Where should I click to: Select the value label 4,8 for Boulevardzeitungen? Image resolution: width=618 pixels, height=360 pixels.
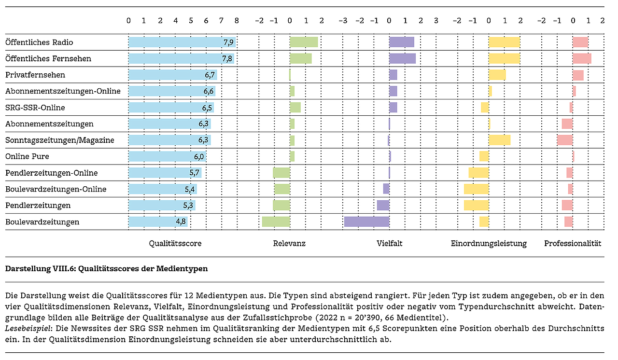coord(181,222)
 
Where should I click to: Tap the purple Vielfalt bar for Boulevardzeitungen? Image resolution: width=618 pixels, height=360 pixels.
coord(366,222)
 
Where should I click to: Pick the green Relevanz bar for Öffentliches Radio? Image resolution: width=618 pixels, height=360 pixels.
coord(304,42)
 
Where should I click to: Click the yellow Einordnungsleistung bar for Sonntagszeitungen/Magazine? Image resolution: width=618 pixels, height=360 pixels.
coord(499,140)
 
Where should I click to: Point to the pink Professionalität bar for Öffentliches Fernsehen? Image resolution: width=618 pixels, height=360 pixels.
coord(582,59)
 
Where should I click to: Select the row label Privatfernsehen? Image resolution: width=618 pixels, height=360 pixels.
coord(35,75)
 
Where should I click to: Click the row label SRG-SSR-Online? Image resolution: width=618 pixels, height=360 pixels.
coord(35,108)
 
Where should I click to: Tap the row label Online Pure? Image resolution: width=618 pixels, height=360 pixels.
coord(27,157)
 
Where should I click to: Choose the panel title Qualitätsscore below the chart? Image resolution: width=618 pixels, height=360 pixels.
coord(175,244)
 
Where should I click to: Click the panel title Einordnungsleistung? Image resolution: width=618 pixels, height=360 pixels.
coord(489,244)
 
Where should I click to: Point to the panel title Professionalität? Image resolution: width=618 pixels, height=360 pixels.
coord(573,244)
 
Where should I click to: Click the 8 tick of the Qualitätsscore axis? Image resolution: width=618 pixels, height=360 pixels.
coord(236,21)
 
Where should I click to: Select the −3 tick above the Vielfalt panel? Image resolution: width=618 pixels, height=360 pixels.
coord(343,21)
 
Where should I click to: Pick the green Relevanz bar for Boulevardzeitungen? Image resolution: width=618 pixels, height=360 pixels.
coord(276,222)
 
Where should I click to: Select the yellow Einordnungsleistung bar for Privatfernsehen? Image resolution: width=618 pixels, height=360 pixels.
coord(497,75)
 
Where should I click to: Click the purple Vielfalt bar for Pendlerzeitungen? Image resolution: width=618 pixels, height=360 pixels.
coord(383,206)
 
